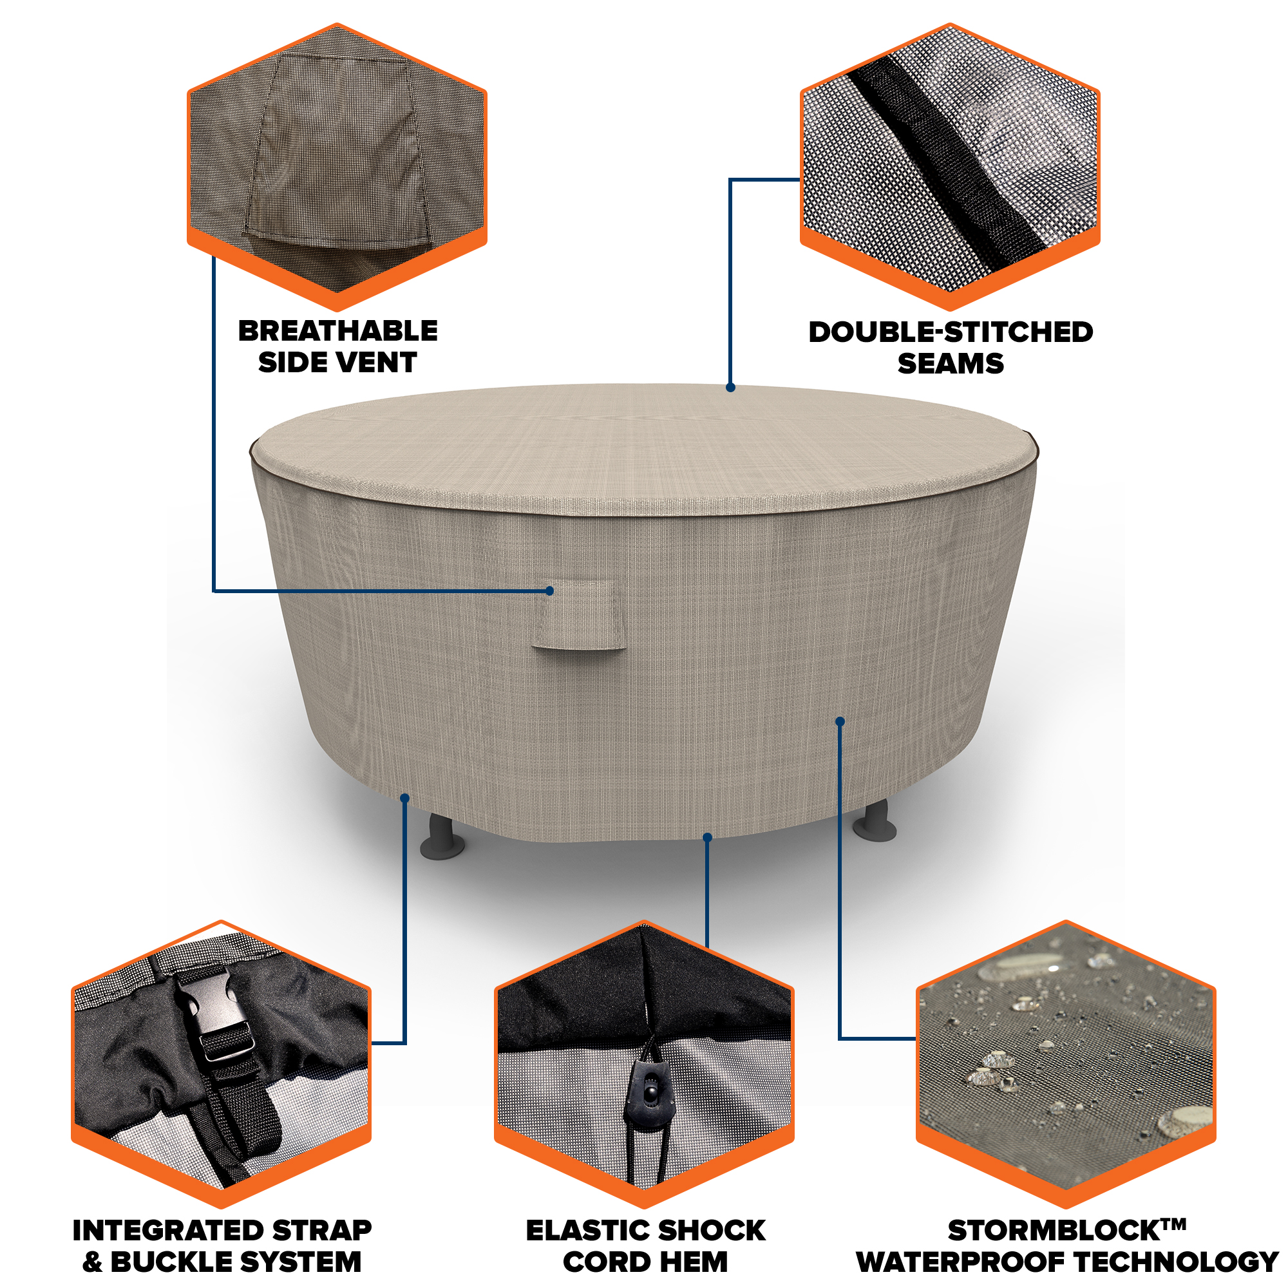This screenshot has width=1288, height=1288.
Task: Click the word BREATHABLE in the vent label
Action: pos(338,330)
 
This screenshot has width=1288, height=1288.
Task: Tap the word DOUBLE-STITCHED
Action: pos(951,332)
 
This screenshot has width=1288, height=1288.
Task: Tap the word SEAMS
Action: pos(951,363)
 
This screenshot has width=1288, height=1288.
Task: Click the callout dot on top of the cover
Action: pos(731,387)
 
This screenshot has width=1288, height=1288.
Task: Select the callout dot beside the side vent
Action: pos(550,591)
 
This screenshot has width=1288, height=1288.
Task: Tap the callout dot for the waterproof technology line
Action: pos(840,721)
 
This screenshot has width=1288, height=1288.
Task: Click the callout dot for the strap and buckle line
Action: pos(404,797)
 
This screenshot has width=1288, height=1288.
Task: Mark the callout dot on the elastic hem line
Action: pos(708,837)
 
